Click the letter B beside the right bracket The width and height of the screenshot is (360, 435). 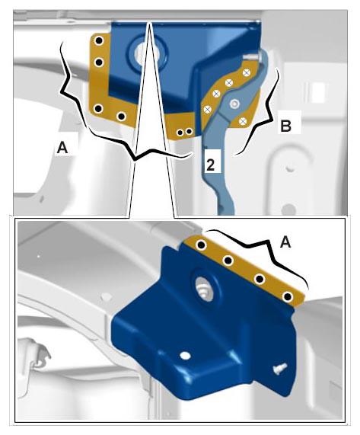[285, 126]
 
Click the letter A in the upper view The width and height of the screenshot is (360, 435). [62, 147]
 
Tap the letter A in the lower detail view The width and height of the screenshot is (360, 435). [285, 242]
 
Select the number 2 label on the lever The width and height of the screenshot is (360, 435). [210, 165]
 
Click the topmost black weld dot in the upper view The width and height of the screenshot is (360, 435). [99, 41]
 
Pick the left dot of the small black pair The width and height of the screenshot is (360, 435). [180, 133]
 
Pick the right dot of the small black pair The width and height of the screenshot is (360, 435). [189, 131]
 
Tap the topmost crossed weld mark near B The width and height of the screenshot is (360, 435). [247, 72]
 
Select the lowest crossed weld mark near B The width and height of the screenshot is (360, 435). [243, 121]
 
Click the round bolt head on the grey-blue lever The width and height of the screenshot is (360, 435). [235, 104]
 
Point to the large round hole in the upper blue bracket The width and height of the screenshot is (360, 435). [148, 52]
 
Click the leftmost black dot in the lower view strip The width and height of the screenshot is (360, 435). [202, 245]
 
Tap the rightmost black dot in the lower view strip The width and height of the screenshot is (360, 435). [288, 297]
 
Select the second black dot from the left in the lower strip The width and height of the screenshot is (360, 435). [228, 261]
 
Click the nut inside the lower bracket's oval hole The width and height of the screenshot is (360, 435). [205, 290]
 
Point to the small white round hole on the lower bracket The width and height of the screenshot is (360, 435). [185, 356]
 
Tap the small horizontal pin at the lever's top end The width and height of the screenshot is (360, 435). [251, 57]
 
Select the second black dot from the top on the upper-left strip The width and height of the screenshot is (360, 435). [99, 62]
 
